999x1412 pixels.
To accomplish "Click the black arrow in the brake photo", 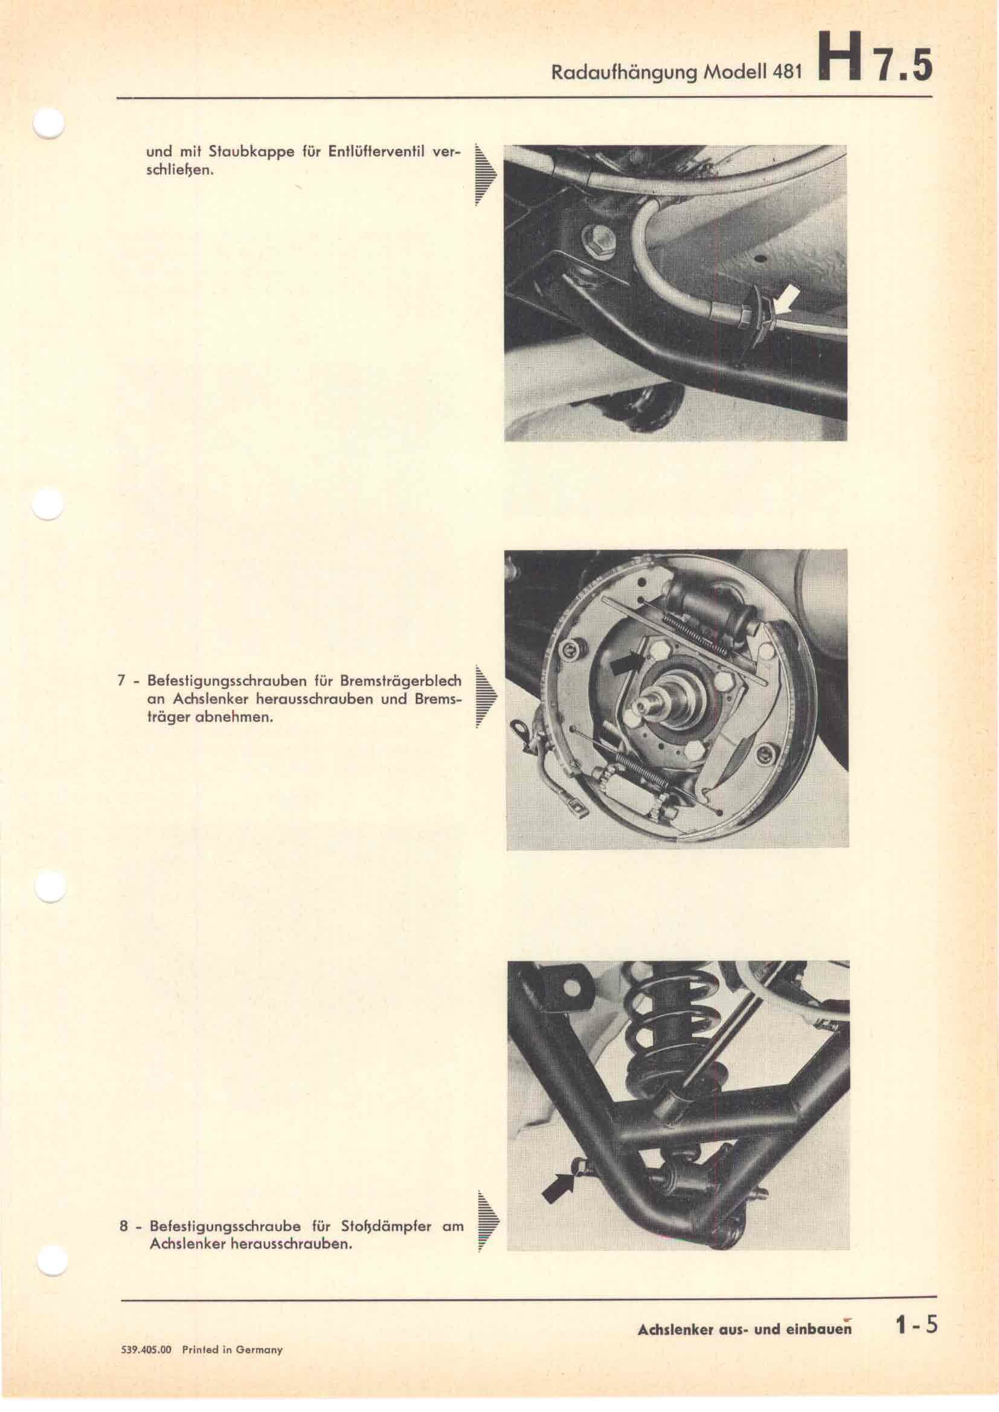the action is coord(627,663).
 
